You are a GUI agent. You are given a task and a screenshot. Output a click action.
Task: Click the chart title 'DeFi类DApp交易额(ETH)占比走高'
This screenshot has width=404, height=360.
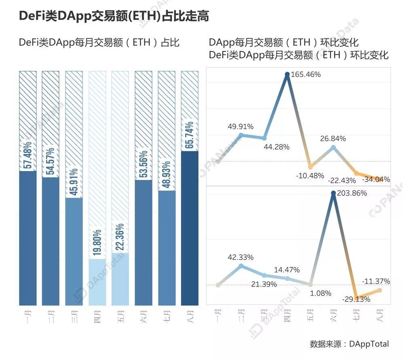tap(114, 16)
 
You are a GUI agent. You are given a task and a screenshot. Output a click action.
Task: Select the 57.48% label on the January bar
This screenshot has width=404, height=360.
tap(28, 156)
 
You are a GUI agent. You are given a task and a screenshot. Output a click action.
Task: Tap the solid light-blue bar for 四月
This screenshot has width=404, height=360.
tap(97, 282)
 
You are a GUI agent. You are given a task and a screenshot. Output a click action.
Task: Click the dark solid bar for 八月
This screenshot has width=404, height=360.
tap(190, 229)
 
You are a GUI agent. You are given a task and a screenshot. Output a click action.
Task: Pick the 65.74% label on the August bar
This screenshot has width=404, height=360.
tap(190, 136)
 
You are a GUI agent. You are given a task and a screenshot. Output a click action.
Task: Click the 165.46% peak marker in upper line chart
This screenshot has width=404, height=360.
tap(287, 74)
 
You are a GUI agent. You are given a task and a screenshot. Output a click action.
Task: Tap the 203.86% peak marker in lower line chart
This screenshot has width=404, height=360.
tap(333, 193)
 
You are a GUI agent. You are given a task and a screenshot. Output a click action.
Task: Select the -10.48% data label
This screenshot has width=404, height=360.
tap(310, 176)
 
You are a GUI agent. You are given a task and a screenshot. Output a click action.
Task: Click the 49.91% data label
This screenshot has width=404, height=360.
tap(240, 127)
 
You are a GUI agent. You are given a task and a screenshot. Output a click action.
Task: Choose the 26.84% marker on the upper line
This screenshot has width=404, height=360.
tap(333, 148)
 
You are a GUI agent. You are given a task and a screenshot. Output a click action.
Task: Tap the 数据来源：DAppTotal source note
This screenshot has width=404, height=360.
tap(349, 344)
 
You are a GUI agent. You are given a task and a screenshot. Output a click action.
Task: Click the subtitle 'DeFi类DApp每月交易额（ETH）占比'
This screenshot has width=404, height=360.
tap(99, 42)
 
